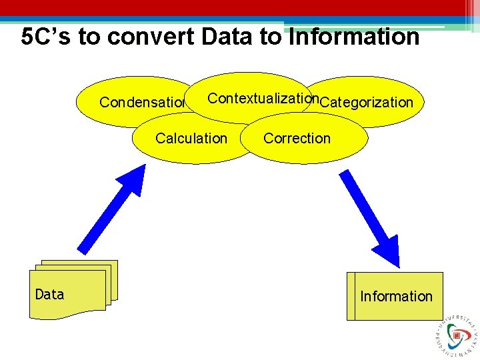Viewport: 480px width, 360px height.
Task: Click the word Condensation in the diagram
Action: pos(142,103)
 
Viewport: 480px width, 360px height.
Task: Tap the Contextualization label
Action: pos(261,99)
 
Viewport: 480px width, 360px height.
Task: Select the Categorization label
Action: pos(367,102)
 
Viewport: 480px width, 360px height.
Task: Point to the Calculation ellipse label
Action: pos(191,139)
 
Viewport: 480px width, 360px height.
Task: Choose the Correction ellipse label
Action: pos(297,139)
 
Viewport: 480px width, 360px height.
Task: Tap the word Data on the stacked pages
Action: pos(49,295)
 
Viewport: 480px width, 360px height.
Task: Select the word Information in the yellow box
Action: pos(396,296)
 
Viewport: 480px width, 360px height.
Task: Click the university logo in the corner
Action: pos(457,333)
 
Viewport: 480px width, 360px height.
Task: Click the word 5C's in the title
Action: pos(46,37)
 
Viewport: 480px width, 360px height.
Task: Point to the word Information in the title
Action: pos(354,37)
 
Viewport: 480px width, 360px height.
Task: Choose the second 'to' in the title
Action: pos(271,37)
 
